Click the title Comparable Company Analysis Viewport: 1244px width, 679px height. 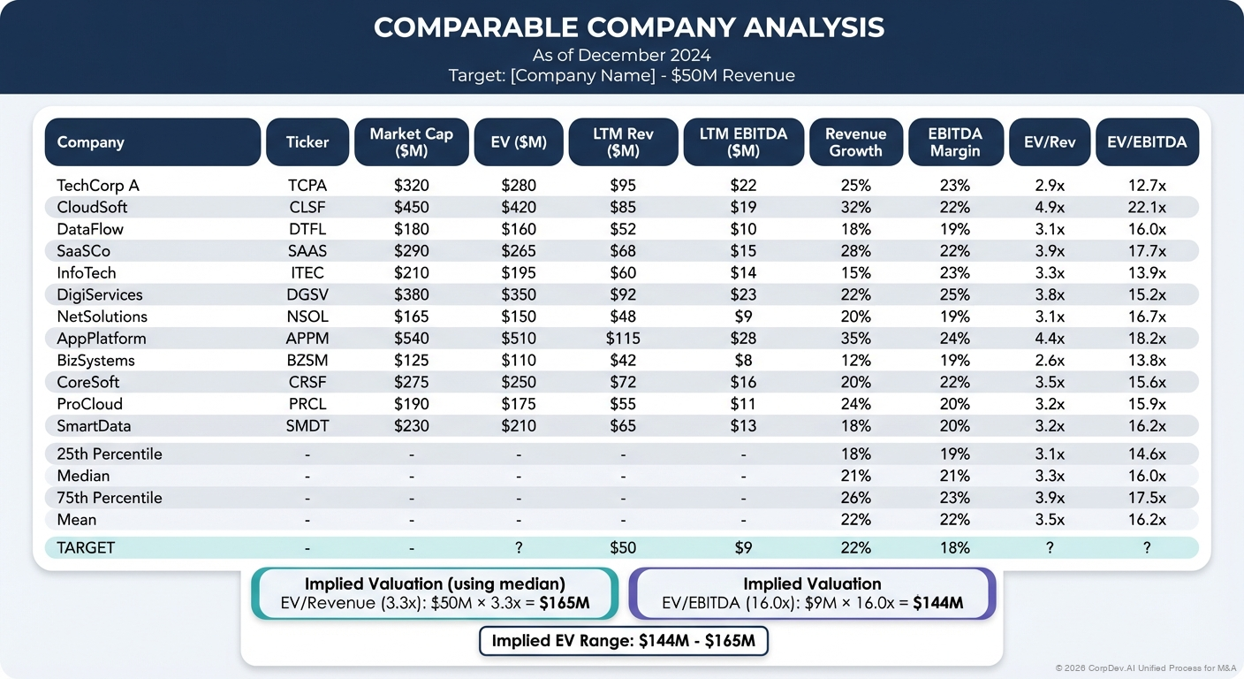point(628,27)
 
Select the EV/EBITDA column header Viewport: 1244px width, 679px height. point(1147,141)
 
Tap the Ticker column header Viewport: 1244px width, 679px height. point(307,141)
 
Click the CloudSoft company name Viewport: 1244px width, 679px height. point(92,207)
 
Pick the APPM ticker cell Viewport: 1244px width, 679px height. point(307,339)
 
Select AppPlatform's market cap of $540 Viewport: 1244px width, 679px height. point(411,339)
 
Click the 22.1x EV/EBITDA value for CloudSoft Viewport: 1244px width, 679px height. point(1147,207)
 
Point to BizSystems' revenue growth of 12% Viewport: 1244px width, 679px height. point(855,361)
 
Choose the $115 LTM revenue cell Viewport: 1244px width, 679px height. point(623,339)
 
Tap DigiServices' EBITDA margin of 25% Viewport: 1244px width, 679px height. point(954,294)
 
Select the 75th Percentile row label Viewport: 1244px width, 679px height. point(110,498)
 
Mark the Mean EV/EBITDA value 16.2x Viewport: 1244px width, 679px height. point(1147,520)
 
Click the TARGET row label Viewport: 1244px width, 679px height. point(86,547)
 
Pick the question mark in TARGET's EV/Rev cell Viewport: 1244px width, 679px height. point(1050,547)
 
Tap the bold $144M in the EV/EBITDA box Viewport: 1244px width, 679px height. point(937,604)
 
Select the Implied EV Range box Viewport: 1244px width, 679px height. point(623,641)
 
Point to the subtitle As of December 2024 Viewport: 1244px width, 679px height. point(621,56)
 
